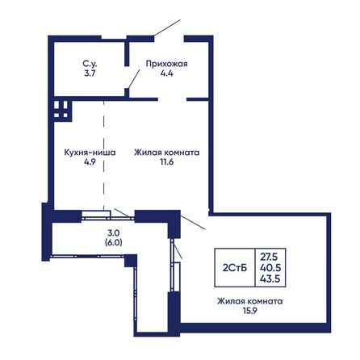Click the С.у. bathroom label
coord(90,64)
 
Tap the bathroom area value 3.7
coord(90,73)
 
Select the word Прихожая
coord(167,64)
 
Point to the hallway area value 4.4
coord(167,73)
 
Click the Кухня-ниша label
coord(90,153)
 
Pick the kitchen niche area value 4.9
coord(90,161)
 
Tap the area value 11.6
coord(167,161)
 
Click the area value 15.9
coord(250,311)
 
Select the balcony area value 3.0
coord(114,232)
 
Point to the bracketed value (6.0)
coord(114,242)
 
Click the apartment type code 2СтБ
coord(235,268)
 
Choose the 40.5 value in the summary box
coord(270,268)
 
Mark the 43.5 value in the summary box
coord(270,278)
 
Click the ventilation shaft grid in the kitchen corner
coord(61,110)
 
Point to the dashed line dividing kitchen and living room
coord(104,156)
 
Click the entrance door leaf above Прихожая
coord(167,27)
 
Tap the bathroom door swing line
coord(134,79)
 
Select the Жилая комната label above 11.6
coord(167,153)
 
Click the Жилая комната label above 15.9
coord(250,301)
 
